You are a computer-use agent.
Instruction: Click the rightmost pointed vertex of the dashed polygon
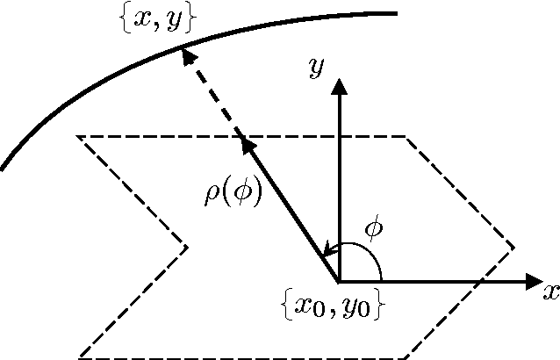514,247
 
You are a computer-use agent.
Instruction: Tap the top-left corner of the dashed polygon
78,136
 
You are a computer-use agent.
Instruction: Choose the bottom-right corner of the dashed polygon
405,357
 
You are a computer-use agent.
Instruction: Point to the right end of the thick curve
397,13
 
